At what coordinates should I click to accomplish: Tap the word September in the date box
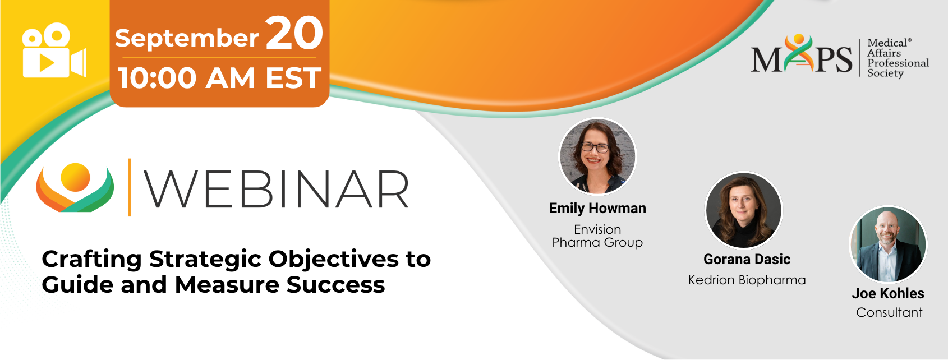(x=187, y=39)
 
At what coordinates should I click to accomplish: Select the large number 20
(x=294, y=33)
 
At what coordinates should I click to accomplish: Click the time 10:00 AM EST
(x=220, y=78)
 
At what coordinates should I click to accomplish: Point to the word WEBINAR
(x=277, y=188)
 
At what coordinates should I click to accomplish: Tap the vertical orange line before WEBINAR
(x=129, y=187)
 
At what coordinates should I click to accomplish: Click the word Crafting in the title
(x=91, y=260)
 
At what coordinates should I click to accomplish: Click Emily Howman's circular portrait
(x=597, y=156)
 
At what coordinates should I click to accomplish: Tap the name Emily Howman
(x=597, y=208)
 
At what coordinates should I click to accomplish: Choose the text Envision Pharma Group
(x=597, y=236)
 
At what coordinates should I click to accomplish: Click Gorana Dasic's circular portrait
(x=744, y=210)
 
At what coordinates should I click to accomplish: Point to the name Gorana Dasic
(x=747, y=259)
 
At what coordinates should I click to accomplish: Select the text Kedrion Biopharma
(x=747, y=280)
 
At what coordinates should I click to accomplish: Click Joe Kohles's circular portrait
(x=889, y=244)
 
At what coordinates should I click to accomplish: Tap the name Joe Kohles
(x=888, y=294)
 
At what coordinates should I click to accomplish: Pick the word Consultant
(x=889, y=313)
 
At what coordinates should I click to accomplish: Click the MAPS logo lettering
(x=802, y=54)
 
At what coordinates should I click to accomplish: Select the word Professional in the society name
(x=898, y=63)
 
